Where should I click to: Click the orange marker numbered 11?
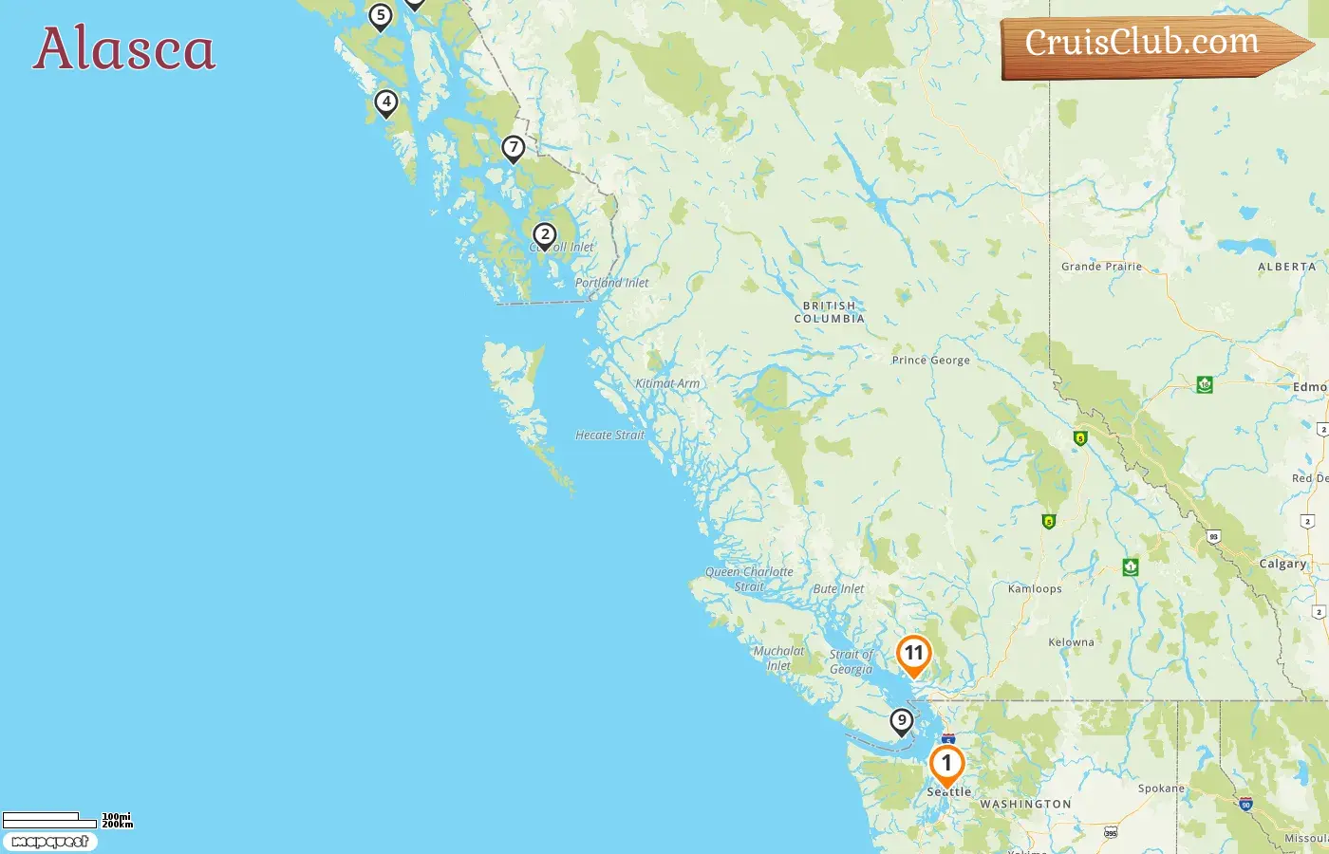click(x=913, y=654)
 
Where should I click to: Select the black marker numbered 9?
click(x=902, y=721)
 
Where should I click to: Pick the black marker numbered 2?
click(x=545, y=235)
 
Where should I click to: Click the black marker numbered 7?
click(x=514, y=148)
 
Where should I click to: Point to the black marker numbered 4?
click(x=386, y=102)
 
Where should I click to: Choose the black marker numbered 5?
click(x=381, y=16)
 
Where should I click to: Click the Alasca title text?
click(x=124, y=48)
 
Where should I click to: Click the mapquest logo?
click(x=50, y=842)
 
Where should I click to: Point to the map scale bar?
click(x=49, y=820)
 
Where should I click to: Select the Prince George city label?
click(x=930, y=361)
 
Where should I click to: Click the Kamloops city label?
click(x=1035, y=589)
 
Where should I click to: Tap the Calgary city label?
click(x=1282, y=564)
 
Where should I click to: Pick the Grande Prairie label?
click(x=1101, y=267)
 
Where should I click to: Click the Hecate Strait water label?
click(x=609, y=436)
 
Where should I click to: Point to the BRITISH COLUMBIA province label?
click(x=830, y=312)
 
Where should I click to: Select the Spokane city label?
click(x=1161, y=789)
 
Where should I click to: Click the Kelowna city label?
click(x=1071, y=642)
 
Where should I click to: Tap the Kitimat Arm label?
click(x=667, y=384)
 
